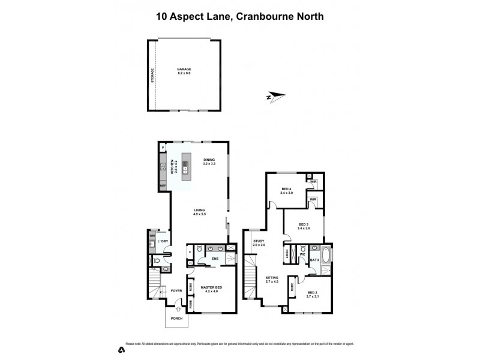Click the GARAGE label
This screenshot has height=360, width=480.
coord(184,69)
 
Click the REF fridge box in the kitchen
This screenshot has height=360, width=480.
coord(163,187)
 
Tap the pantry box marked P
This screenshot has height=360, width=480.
coord(163,147)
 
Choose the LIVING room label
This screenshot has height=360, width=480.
coord(199,210)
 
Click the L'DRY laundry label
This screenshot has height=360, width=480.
coord(162,241)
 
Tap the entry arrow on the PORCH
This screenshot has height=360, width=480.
coord(176,310)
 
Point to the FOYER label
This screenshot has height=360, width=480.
coord(176,290)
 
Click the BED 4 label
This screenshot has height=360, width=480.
coord(287,190)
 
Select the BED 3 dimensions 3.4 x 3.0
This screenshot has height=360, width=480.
coord(304,229)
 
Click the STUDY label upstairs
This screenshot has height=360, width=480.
coord(258,241)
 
